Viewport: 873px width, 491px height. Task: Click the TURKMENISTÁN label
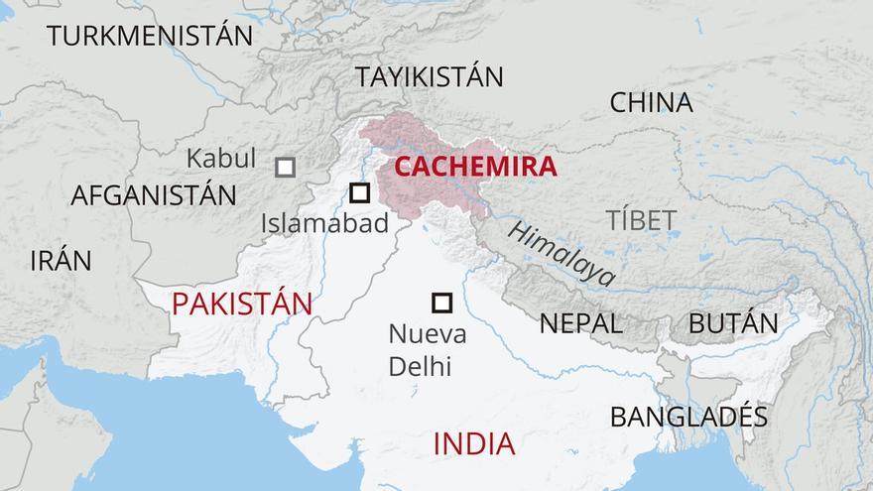coord(149,37)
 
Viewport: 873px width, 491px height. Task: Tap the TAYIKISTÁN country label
coord(430,76)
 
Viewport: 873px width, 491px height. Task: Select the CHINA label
coord(651,102)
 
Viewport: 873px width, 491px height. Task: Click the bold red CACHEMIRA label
coord(475,167)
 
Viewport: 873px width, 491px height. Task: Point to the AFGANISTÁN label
coord(153,195)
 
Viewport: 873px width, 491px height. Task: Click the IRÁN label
coord(61,261)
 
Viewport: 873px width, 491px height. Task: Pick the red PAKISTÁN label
coord(241,304)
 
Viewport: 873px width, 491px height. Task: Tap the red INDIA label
coord(473,444)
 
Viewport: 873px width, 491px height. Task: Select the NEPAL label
coord(580,323)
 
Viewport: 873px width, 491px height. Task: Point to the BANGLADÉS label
coord(688,417)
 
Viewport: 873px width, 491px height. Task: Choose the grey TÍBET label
coord(642,220)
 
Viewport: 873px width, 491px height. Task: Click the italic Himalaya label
coord(561,254)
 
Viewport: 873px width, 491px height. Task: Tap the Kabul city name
coord(220,159)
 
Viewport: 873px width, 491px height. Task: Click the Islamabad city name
coord(324,224)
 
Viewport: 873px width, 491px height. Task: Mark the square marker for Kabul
coord(285,167)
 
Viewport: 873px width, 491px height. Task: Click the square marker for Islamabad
coord(360,193)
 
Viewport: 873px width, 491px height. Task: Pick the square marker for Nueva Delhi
coord(441,303)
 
